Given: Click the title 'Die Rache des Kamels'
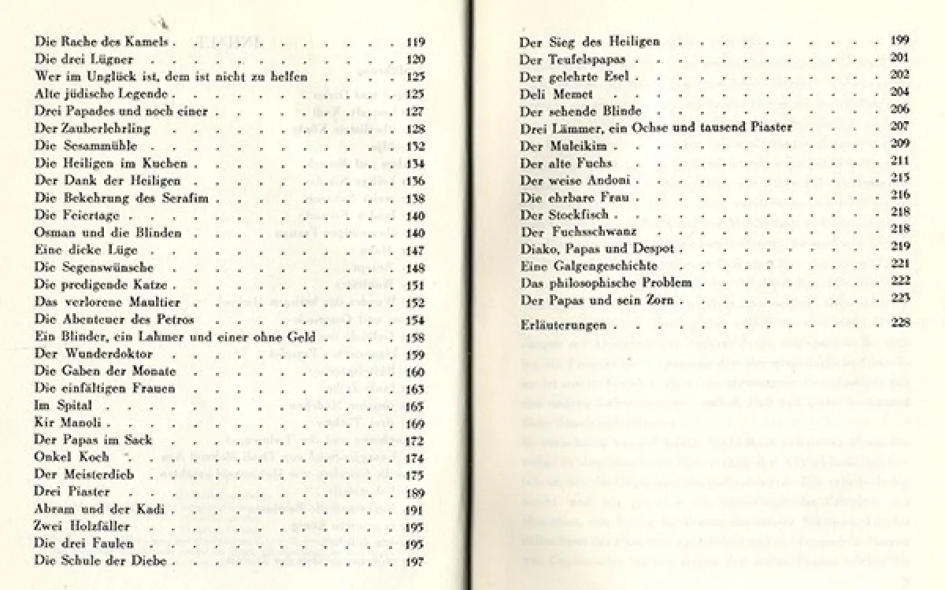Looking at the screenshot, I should coord(102,42).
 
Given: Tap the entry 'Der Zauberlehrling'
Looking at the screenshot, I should coord(93,128).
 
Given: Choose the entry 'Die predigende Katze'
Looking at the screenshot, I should coord(102,285).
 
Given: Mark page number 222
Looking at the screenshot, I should coord(900,282).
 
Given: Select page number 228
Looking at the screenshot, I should coord(900,324).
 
